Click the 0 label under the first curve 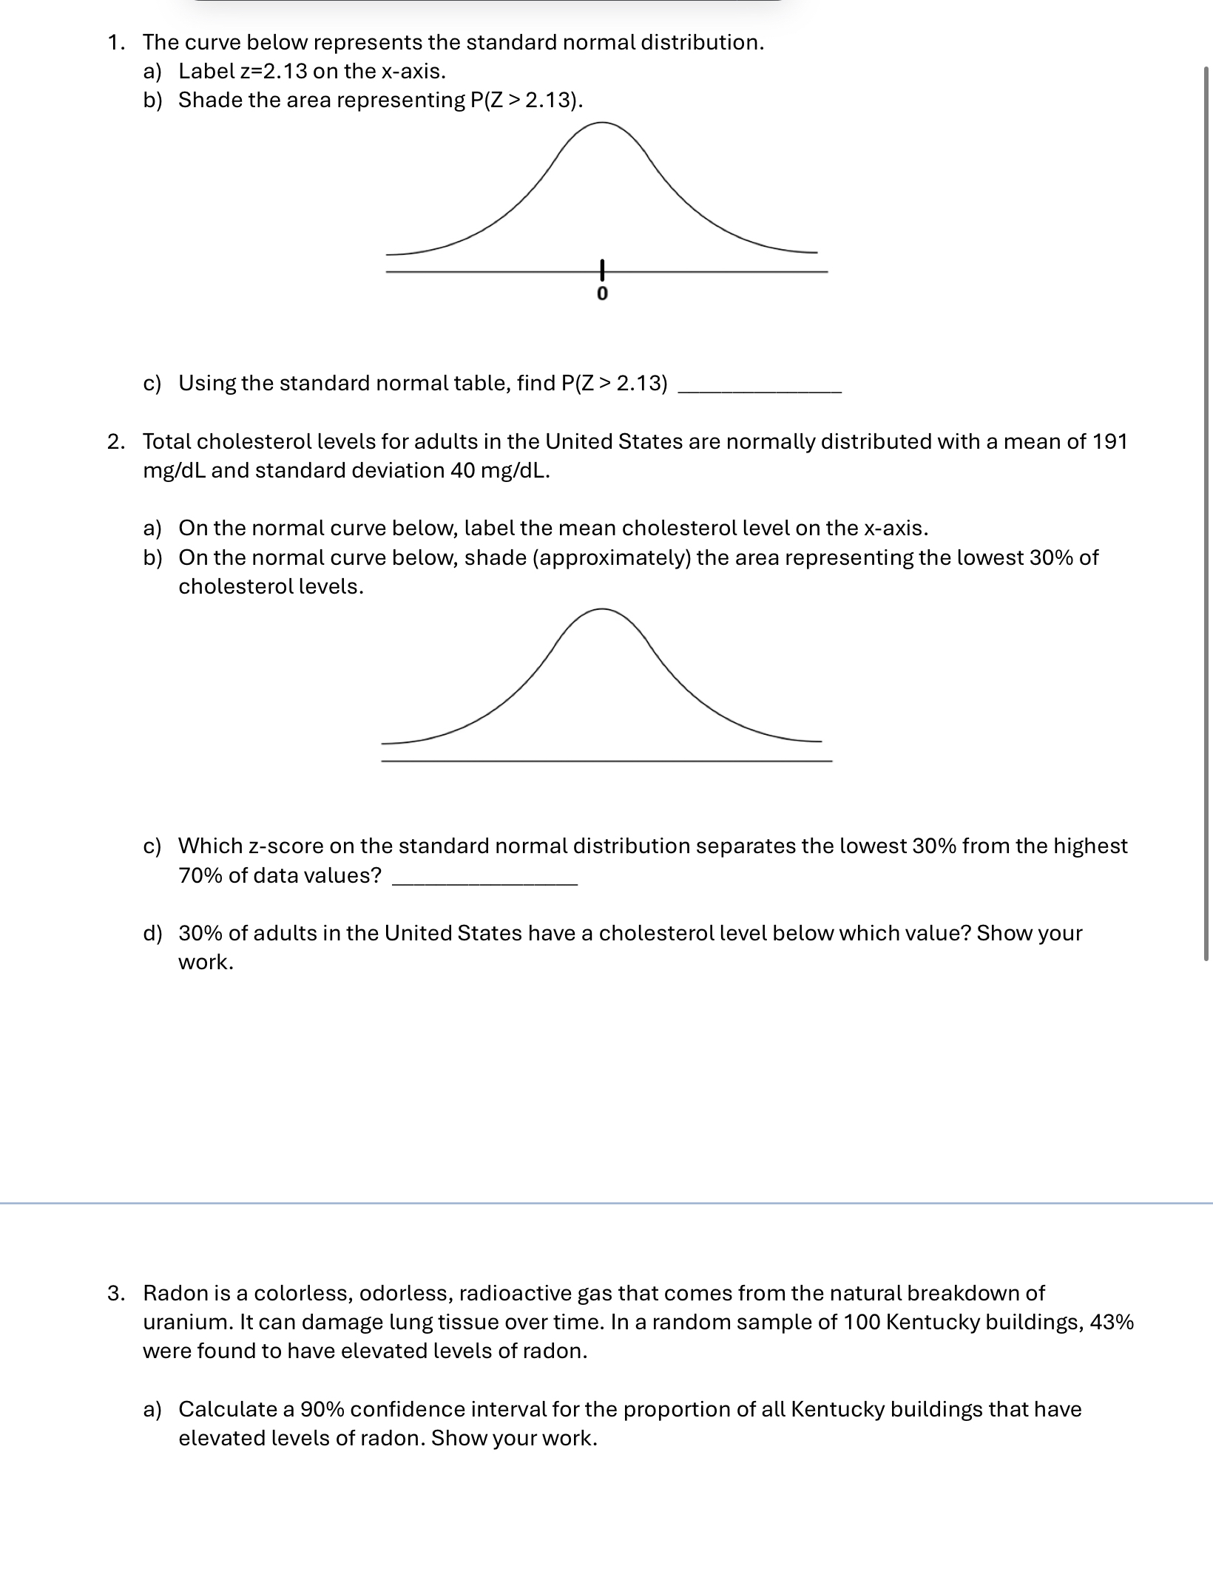click(x=601, y=294)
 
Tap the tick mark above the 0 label click(x=602, y=270)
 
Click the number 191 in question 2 click(x=1109, y=441)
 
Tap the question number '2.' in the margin click(x=115, y=442)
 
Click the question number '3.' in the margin click(x=115, y=1293)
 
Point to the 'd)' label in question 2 click(x=152, y=933)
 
